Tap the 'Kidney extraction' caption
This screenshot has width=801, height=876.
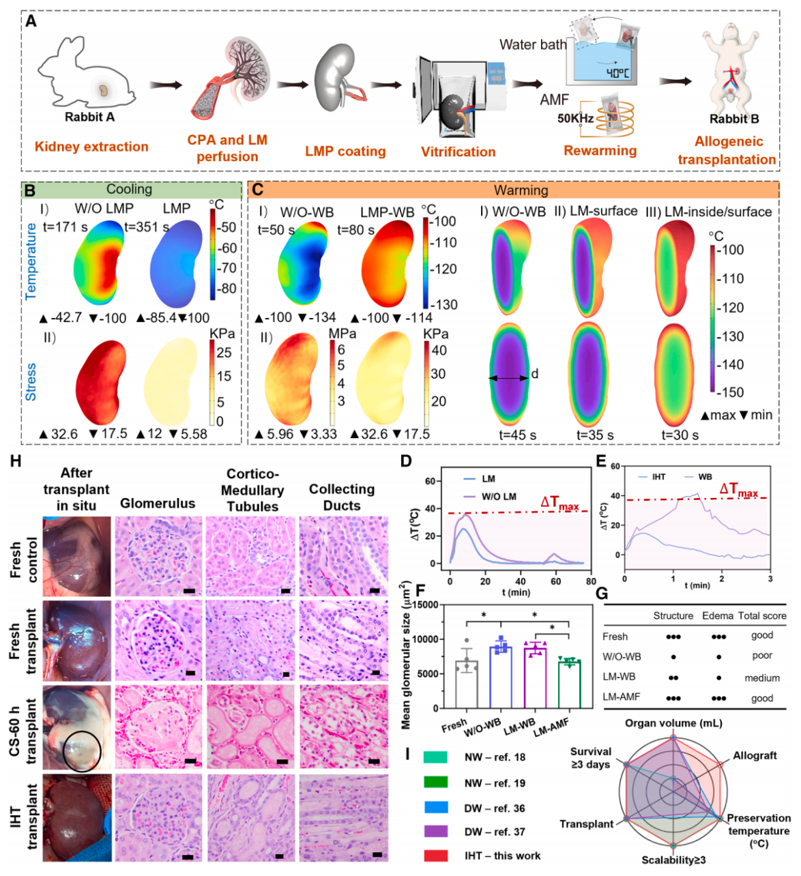pyautogui.click(x=91, y=147)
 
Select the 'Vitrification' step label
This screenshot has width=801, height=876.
pyautogui.click(x=458, y=151)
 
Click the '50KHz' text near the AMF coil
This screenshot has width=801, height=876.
pyautogui.click(x=574, y=118)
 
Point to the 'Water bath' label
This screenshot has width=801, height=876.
pyautogui.click(x=532, y=45)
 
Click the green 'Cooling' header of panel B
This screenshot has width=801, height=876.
pyautogui.click(x=129, y=189)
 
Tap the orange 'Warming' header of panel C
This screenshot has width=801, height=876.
pyautogui.click(x=521, y=190)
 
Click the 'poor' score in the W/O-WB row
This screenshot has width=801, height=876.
pyautogui.click(x=762, y=656)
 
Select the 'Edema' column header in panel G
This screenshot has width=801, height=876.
pyautogui.click(x=717, y=615)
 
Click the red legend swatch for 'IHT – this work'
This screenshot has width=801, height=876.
pyautogui.click(x=435, y=856)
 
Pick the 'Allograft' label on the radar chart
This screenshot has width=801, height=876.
pyautogui.click(x=755, y=756)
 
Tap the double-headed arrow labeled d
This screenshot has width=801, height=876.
pyautogui.click(x=508, y=377)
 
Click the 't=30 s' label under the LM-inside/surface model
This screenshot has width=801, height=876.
pyautogui.click(x=680, y=435)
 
